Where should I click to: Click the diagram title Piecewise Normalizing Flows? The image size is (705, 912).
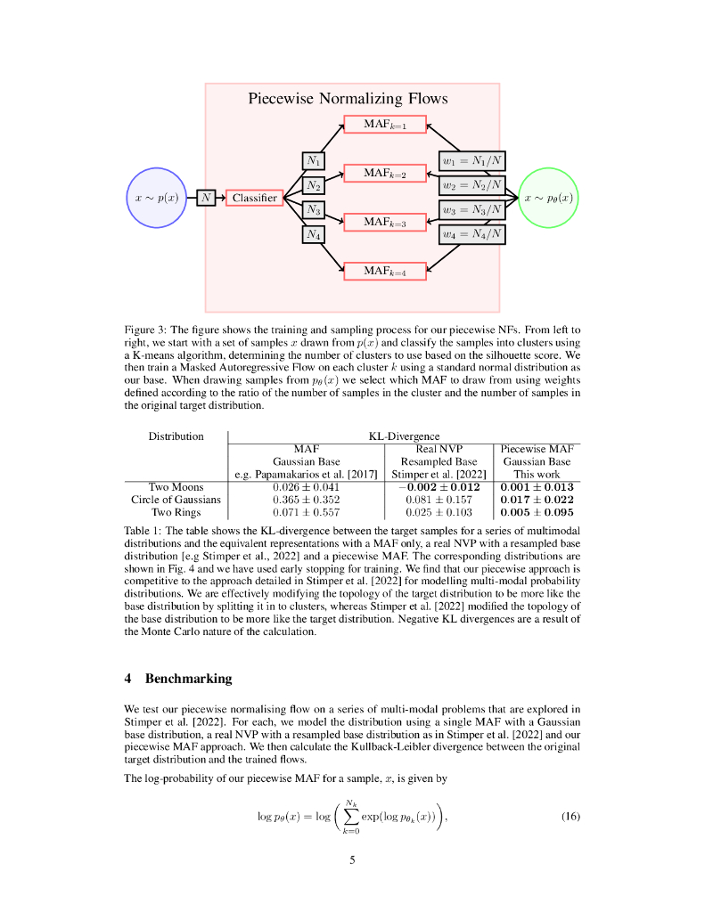348,99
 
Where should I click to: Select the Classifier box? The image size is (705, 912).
255,197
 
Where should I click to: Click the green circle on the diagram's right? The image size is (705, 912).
548,197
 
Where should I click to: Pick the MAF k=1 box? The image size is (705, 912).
385,125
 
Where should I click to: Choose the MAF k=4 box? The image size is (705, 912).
385,271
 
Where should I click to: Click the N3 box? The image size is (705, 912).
314,210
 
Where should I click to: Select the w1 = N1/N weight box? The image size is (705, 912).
472,161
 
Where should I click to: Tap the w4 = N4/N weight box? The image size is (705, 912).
472,235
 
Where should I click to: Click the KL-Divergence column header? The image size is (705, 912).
404,436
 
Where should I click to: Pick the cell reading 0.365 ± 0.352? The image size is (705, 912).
306,500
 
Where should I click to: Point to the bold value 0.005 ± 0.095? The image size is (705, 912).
537,513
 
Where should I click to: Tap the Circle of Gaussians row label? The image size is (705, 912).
176,500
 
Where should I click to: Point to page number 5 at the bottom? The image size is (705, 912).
352,859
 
